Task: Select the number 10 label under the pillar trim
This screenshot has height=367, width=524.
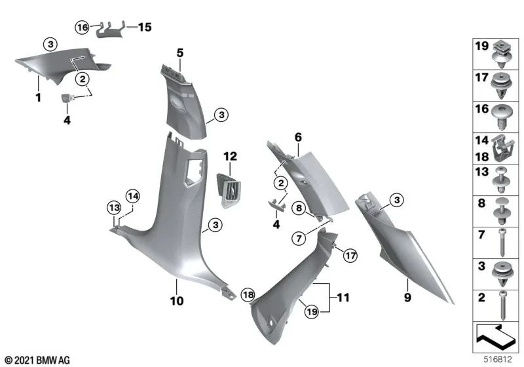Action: (x=178, y=302)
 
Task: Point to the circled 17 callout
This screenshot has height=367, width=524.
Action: (x=350, y=255)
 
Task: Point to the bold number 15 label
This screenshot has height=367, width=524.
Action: (x=143, y=28)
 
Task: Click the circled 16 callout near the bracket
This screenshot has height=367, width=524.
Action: (x=82, y=28)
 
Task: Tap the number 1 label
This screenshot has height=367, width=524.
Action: (x=38, y=98)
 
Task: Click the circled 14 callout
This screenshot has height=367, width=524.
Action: (x=133, y=195)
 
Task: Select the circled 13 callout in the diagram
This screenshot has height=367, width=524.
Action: (x=114, y=208)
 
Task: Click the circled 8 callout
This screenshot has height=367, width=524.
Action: (x=299, y=208)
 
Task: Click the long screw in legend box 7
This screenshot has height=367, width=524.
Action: (x=501, y=241)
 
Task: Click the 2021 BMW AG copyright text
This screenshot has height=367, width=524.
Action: (x=37, y=360)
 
